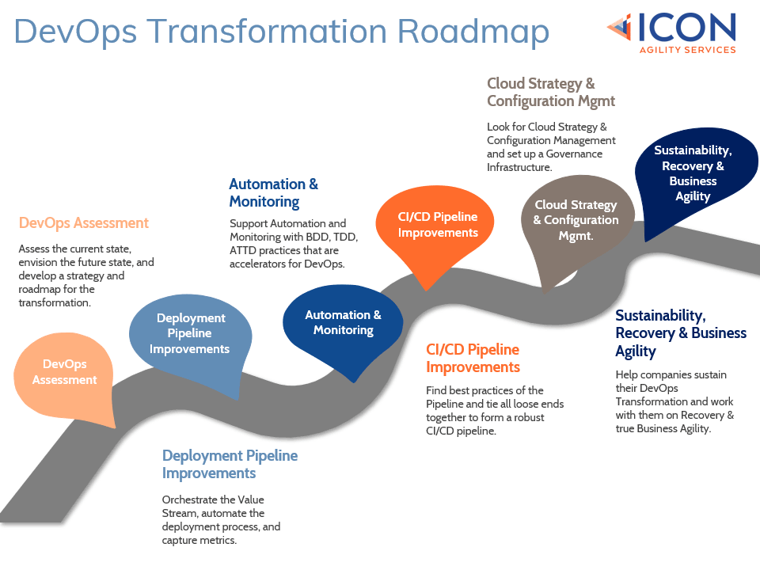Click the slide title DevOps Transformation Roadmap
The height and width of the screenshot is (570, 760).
[281, 32]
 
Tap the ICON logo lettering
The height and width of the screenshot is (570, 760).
[686, 28]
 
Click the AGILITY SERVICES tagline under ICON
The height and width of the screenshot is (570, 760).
[687, 49]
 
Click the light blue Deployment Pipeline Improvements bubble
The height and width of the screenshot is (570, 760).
[190, 333]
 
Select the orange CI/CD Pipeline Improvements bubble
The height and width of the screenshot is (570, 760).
[438, 225]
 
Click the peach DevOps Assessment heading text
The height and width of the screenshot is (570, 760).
[83, 222]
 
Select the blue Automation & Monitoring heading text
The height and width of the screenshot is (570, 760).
[273, 192]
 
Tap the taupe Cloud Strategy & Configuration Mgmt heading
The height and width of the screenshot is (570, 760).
[551, 92]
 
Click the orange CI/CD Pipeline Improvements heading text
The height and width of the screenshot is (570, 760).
[473, 358]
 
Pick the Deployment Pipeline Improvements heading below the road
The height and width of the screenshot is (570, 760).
[230, 464]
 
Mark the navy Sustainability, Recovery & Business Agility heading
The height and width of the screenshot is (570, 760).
[681, 332]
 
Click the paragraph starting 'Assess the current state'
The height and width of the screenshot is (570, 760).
[85, 275]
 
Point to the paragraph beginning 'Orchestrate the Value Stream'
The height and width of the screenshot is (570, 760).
[221, 519]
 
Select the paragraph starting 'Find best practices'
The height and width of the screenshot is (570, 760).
[495, 410]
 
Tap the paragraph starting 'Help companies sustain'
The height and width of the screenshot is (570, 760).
[674, 401]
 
